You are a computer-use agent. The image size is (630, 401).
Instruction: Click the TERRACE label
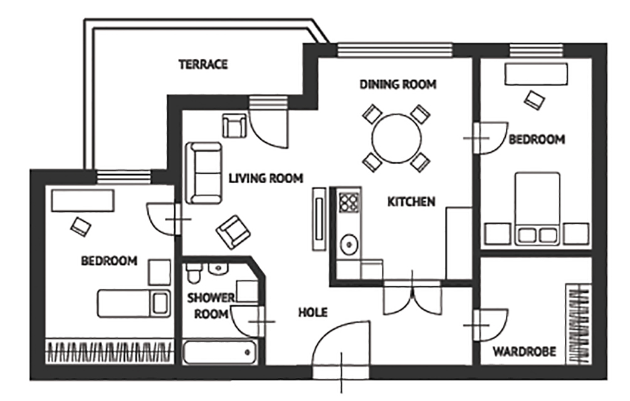click(203, 65)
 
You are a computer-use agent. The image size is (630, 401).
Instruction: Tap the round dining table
click(397, 138)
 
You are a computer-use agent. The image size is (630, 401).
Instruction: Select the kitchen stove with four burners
click(349, 202)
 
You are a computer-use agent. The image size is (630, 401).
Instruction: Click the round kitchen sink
click(349, 244)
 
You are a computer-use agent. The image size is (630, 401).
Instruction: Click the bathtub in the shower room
click(219, 352)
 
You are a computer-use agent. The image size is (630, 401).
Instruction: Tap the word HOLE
click(313, 312)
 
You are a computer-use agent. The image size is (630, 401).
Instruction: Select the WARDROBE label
click(525, 352)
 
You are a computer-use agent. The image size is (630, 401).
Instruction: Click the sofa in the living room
click(203, 173)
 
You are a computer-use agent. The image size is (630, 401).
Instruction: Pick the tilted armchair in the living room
click(233, 232)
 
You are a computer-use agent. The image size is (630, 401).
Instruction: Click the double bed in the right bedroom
click(538, 208)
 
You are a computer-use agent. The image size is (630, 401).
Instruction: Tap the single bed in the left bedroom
click(134, 303)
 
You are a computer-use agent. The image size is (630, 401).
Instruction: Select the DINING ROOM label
click(398, 85)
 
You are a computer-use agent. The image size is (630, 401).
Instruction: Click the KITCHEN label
click(411, 202)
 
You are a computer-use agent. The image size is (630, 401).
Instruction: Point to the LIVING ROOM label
click(266, 178)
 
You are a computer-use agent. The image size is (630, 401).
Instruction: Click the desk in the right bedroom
click(536, 74)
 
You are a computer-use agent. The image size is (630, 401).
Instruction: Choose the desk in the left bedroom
click(83, 200)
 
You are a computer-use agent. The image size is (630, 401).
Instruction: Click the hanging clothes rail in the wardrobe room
click(579, 324)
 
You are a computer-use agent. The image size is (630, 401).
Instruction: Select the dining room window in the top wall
click(394, 49)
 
